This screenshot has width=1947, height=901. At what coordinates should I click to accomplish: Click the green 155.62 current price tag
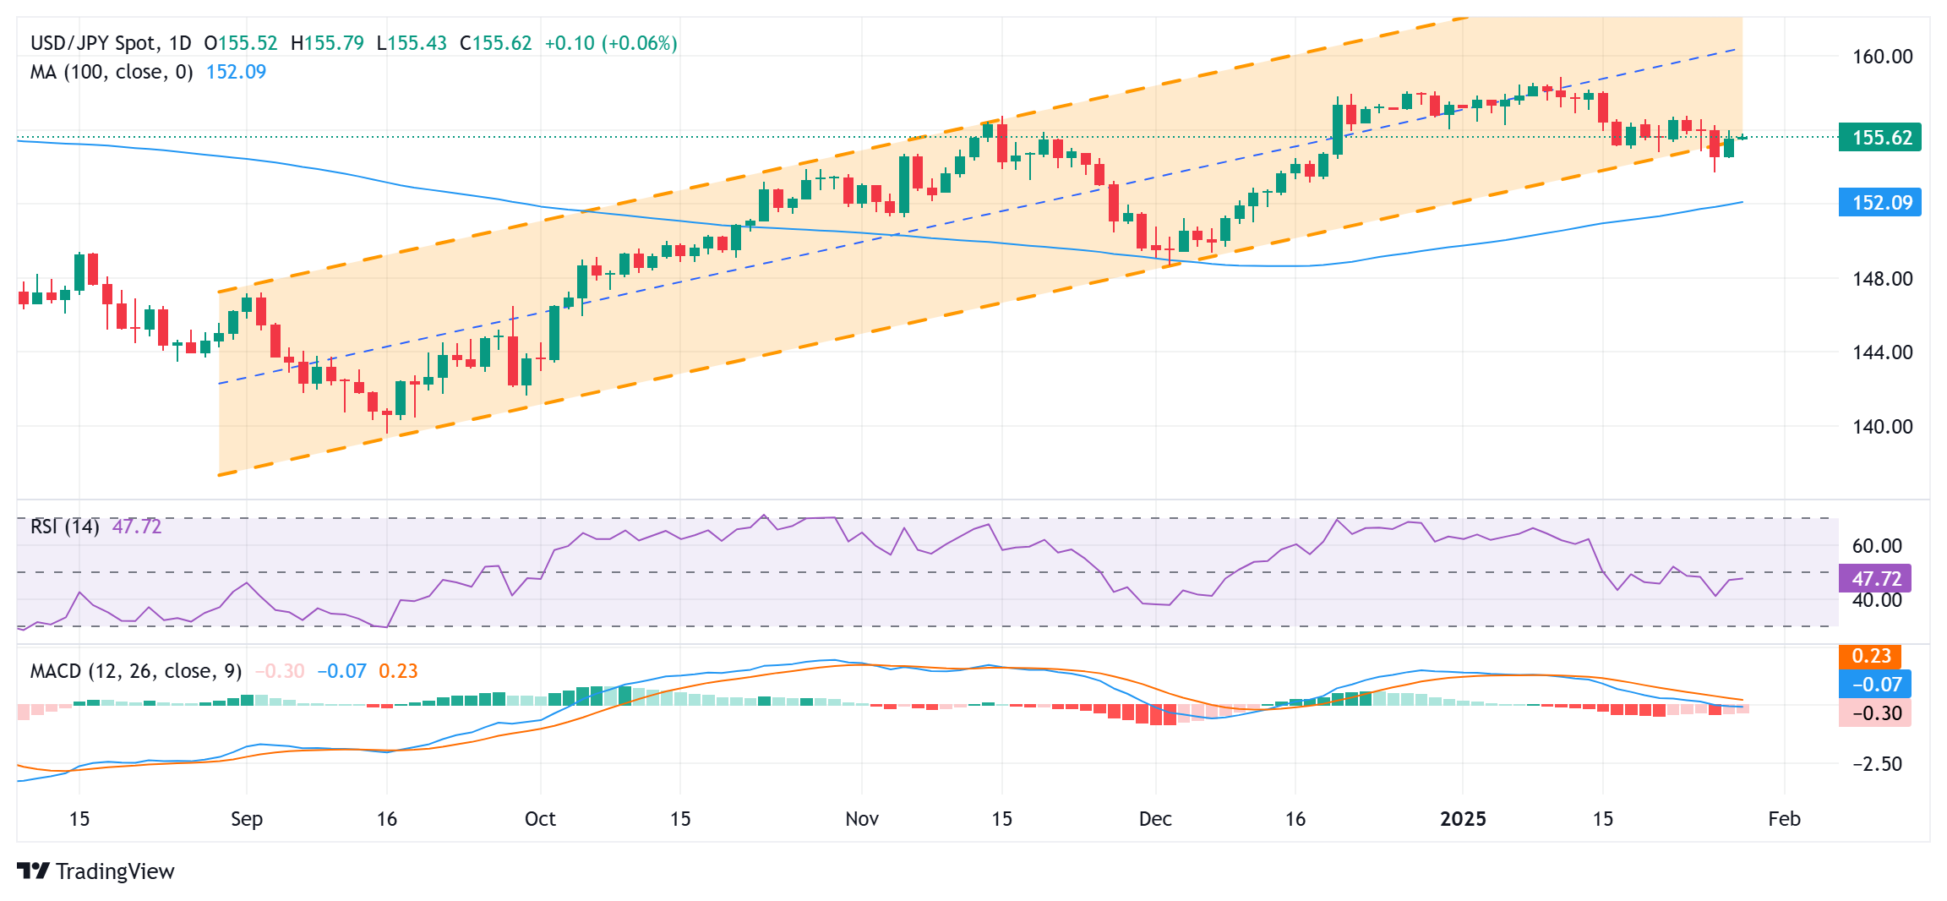coord(1880,138)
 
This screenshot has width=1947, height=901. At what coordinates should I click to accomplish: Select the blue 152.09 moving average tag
coord(1880,203)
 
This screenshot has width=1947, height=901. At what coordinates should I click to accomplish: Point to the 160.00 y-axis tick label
coord(1882,57)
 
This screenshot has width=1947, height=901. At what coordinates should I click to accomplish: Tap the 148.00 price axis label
coord(1882,279)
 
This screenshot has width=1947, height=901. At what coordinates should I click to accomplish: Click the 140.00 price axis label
coord(1882,427)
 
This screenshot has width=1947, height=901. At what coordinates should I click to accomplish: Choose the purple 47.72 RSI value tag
coord(1876,579)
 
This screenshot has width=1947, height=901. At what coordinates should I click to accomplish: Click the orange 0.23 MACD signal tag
coord(1871,657)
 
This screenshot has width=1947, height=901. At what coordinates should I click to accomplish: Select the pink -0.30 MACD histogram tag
coord(1876,713)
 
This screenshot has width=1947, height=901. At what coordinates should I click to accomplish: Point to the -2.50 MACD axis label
coord(1877,764)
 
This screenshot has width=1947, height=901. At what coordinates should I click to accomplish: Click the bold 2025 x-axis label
coord(1463,819)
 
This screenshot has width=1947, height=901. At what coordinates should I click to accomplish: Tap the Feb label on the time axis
coord(1784,819)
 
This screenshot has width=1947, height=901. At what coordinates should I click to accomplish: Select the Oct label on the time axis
coord(540,819)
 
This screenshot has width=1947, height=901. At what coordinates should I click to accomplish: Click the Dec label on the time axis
coord(1155,819)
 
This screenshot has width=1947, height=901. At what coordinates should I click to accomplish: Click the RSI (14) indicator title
coord(65,527)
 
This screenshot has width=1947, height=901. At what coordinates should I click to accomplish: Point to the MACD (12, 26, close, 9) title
coord(136,671)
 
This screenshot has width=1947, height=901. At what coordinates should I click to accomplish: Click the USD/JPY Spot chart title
coord(93,43)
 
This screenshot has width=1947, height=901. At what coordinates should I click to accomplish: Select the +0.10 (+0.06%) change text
coord(611,43)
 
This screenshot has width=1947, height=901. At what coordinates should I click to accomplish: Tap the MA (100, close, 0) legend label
coord(112,72)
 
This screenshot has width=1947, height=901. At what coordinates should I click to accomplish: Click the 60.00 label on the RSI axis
coord(1876,546)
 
